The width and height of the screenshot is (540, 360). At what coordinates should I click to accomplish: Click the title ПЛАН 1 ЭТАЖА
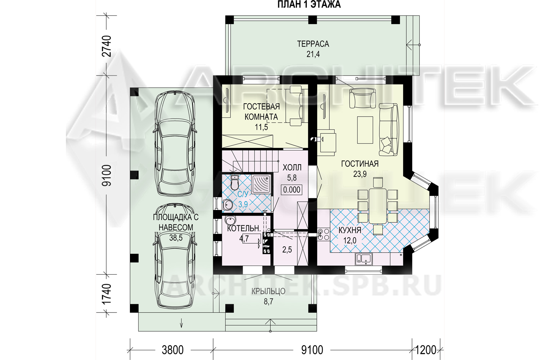309,4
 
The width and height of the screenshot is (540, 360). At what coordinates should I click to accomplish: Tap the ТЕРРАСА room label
313,44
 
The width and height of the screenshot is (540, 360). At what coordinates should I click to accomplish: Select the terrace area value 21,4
313,54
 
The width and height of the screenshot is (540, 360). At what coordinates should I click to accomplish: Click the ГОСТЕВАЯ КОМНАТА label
261,112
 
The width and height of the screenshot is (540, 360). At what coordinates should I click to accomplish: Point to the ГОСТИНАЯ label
360,164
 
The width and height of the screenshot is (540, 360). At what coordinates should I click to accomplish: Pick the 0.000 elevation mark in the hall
292,190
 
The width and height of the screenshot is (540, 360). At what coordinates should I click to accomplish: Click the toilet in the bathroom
234,183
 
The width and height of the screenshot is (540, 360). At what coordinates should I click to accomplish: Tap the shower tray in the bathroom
261,184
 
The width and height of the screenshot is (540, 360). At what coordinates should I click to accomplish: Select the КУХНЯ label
350,230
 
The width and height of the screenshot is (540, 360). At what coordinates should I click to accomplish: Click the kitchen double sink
364,259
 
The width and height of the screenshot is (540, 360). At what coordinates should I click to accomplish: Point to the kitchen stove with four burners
324,234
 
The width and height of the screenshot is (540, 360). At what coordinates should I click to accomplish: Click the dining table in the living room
378,206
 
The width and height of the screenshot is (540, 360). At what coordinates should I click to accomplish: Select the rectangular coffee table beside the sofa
365,130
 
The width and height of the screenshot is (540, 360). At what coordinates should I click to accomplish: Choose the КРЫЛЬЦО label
268,291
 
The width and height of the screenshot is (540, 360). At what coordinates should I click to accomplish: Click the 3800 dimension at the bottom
172,350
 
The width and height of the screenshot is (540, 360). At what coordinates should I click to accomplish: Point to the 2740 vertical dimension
107,46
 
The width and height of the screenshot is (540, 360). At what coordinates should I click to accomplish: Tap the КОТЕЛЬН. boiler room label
244,228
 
